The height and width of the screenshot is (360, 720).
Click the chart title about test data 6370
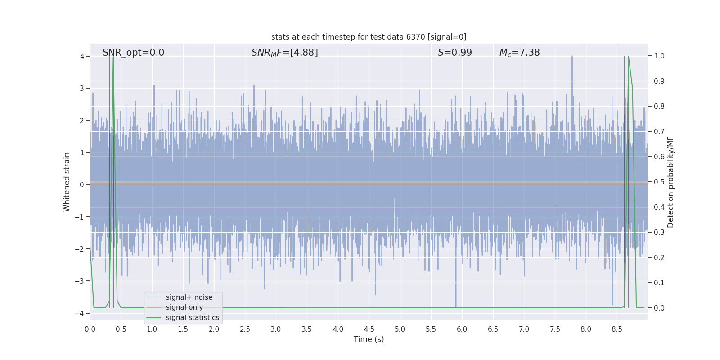click(x=369, y=37)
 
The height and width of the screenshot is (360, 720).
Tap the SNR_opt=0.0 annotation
click(x=133, y=53)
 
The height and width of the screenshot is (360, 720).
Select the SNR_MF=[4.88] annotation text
click(x=284, y=53)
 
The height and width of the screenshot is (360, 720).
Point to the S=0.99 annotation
click(x=454, y=53)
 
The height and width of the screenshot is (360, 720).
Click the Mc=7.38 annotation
click(x=519, y=53)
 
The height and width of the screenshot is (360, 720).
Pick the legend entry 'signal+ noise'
click(x=189, y=297)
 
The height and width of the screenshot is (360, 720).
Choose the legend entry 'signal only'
click(x=184, y=307)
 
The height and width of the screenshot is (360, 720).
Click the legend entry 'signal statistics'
click(x=192, y=318)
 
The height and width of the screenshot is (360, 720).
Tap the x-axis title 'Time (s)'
click(x=369, y=339)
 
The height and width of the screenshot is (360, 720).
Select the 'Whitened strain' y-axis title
click(x=67, y=182)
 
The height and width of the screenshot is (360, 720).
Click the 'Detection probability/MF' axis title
click(x=670, y=182)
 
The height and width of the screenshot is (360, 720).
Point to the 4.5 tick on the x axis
click(x=369, y=329)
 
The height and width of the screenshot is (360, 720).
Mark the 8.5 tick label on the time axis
click(x=617, y=329)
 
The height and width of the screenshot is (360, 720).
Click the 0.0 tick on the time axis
click(x=90, y=329)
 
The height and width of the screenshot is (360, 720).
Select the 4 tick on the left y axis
click(x=82, y=56)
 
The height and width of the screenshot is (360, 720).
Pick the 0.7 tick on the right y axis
click(x=659, y=132)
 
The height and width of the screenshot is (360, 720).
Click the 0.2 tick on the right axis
click(x=659, y=258)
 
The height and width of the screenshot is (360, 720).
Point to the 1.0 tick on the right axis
click(x=659, y=56)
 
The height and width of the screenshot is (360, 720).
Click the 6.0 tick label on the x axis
click(x=462, y=329)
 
